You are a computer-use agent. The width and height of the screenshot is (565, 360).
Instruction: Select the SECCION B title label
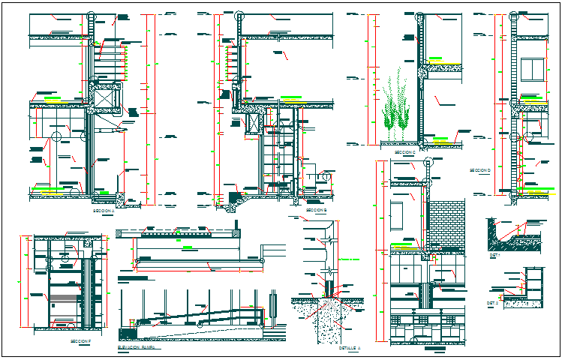(316, 211)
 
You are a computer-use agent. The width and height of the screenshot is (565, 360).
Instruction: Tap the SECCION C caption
(404, 152)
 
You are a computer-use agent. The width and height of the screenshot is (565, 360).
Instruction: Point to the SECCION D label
(479, 170)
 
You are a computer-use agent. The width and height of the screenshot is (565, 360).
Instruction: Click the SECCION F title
(80, 342)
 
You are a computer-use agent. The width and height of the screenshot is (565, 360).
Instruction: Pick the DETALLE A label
(350, 349)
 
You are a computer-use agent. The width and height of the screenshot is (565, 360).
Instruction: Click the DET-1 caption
(494, 255)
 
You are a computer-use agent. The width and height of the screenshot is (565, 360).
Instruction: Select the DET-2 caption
(493, 304)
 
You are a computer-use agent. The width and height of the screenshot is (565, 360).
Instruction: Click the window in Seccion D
(533, 70)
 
